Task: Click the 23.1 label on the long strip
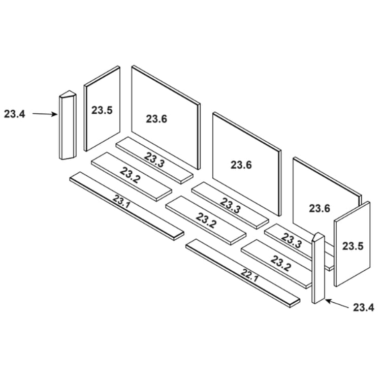(x=121, y=202)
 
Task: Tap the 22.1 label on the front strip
(x=249, y=275)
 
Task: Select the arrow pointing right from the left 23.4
(x=45, y=114)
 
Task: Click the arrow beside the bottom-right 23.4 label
(x=337, y=304)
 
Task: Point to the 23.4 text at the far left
(x=15, y=114)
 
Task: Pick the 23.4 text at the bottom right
(x=364, y=307)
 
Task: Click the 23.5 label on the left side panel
(x=102, y=110)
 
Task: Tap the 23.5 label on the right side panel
(x=353, y=246)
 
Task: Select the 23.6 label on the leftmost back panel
(x=156, y=119)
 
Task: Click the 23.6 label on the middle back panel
(x=241, y=165)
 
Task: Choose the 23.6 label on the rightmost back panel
(x=320, y=208)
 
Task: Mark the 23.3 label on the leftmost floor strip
(x=154, y=160)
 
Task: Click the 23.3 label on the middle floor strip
(x=230, y=206)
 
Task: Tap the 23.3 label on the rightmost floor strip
(x=292, y=240)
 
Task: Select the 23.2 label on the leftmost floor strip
(x=130, y=175)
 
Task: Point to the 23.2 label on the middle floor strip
(x=206, y=220)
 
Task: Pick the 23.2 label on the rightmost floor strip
(x=281, y=263)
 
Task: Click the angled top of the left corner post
(x=68, y=94)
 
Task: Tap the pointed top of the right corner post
(x=319, y=236)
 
